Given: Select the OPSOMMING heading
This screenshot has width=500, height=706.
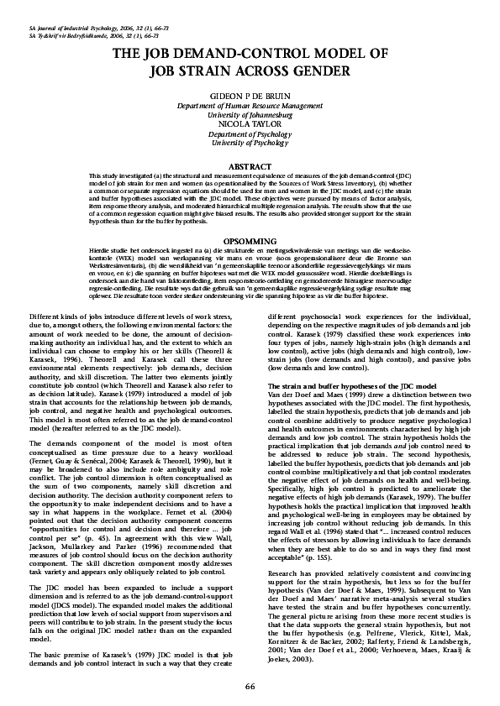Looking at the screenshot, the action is [x=250, y=240].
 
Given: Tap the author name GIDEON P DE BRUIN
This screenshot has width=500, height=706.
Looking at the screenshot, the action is [x=250, y=97].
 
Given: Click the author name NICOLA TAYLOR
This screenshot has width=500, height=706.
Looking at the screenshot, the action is [x=250, y=124].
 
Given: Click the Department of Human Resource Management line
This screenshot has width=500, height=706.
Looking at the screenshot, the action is [x=250, y=106].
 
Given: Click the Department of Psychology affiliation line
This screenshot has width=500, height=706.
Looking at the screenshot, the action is [x=250, y=133].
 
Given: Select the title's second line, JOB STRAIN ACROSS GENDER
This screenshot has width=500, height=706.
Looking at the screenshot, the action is [x=250, y=71].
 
